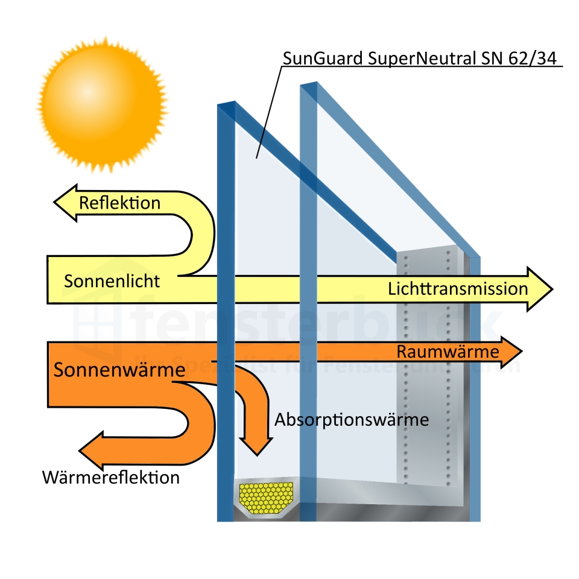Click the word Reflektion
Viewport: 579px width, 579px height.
coord(119,203)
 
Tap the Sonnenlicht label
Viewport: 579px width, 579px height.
coord(112,281)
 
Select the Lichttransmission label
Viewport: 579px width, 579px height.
coord(458,288)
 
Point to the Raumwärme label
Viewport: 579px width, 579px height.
coord(448,352)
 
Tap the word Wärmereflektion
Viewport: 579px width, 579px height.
coord(111,478)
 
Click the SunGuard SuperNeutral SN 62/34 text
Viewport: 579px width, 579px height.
coord(422,59)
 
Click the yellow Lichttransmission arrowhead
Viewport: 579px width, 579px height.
coord(539,289)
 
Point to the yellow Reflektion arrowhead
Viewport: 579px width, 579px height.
coord(65,203)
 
